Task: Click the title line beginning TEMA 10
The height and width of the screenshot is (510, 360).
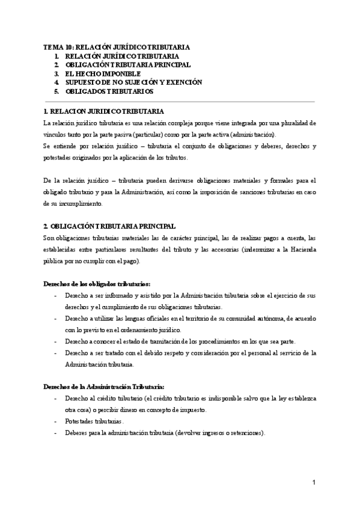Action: (x=117, y=46)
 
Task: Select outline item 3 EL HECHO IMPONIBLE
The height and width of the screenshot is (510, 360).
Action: (x=103, y=73)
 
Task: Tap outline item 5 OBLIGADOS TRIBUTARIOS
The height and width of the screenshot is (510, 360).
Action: (x=109, y=91)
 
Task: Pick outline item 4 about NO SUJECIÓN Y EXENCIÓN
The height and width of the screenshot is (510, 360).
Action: (x=133, y=82)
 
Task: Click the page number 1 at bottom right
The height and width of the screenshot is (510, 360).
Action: (x=314, y=483)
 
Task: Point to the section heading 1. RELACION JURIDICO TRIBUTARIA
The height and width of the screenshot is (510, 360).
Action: (x=103, y=112)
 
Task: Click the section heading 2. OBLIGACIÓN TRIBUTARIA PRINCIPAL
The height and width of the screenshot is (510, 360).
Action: (x=110, y=226)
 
